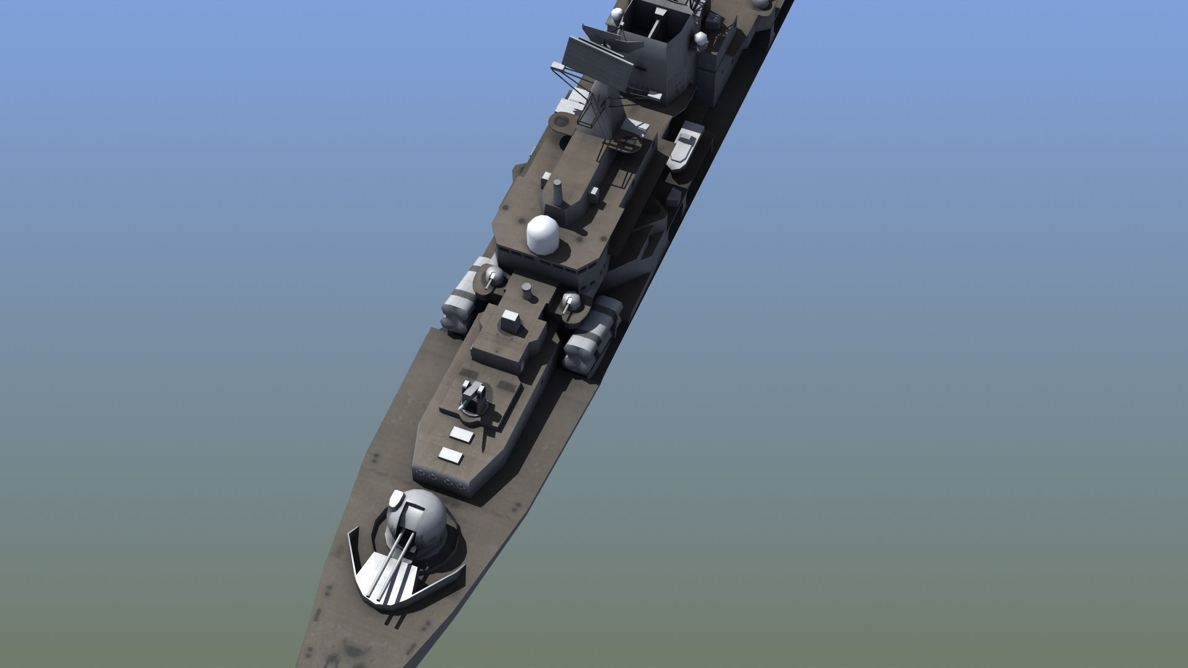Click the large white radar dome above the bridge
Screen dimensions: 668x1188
[x=543, y=235]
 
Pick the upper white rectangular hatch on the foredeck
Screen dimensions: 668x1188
[x=462, y=435]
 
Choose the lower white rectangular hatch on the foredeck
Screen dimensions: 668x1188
[x=451, y=456]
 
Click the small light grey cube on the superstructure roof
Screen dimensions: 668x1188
[x=511, y=320]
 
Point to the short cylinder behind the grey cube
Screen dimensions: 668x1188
[x=527, y=289]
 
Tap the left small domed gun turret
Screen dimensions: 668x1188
[x=493, y=276]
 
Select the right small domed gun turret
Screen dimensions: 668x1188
[x=572, y=303]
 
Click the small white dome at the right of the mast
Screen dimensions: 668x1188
[x=700, y=40]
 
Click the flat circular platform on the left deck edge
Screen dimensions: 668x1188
[x=560, y=122]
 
